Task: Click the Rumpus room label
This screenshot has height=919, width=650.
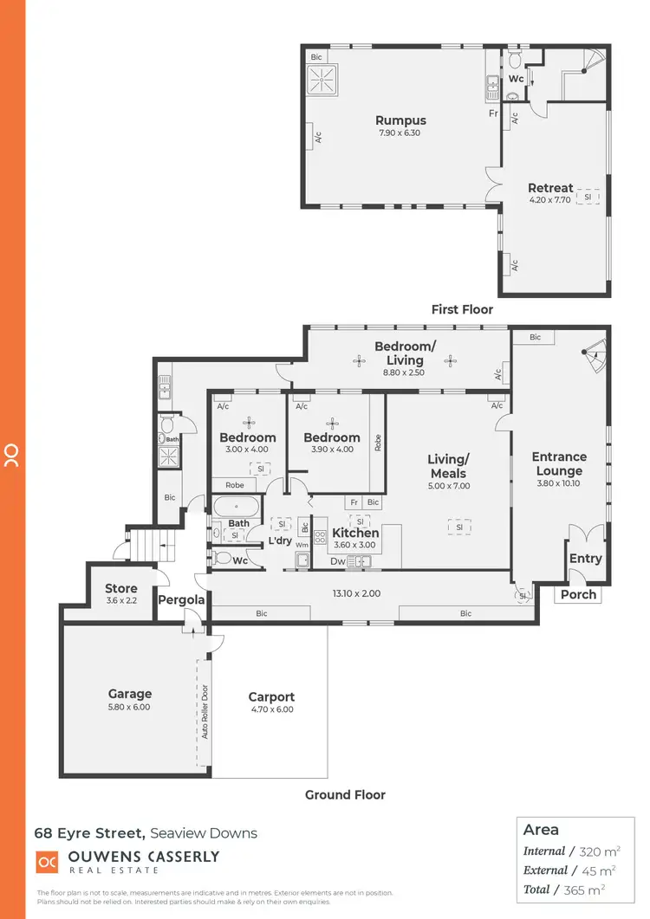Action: [x=400, y=120]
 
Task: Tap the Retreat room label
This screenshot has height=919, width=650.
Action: [x=550, y=188]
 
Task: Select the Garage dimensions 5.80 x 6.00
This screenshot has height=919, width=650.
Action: [x=130, y=708]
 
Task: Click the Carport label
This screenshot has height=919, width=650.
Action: [x=271, y=696]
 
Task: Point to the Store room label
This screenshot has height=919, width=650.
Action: [x=121, y=589]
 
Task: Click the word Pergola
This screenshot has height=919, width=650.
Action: [x=182, y=599]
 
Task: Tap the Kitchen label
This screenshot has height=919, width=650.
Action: [x=355, y=534]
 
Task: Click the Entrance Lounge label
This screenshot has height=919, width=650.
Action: [x=559, y=463]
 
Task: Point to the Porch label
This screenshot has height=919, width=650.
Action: [x=579, y=594]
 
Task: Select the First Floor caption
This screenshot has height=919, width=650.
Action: [x=462, y=309]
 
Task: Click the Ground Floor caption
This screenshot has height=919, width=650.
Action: [x=345, y=794]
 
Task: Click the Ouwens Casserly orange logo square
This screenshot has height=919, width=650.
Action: [x=47, y=863]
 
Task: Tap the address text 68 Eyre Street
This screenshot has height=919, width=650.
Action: [x=89, y=833]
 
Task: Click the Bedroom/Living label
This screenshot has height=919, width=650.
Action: [x=405, y=353]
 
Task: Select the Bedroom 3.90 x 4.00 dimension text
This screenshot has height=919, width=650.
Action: [x=331, y=449]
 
